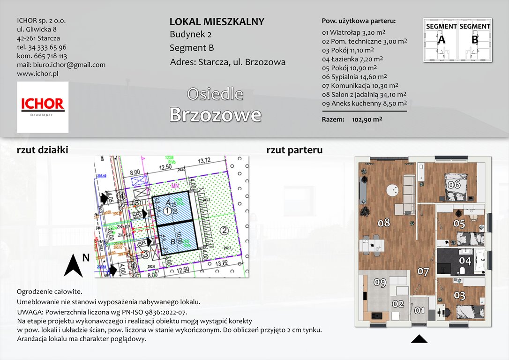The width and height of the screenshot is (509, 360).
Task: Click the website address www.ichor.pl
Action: (x=37, y=74)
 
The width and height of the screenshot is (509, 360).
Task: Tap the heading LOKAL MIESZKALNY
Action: (x=217, y=22)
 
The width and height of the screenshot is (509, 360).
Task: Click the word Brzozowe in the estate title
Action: (x=215, y=114)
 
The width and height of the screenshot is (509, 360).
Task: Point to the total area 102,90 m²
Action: (x=367, y=120)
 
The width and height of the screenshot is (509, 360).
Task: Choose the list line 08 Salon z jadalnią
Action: (x=364, y=94)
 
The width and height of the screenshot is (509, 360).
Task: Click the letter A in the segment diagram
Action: (x=441, y=40)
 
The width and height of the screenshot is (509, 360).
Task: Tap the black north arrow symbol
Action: (x=74, y=265)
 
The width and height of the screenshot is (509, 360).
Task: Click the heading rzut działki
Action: (x=43, y=150)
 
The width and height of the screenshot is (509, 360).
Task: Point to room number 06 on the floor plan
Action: (x=453, y=184)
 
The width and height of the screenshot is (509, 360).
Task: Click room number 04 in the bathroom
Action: (x=464, y=261)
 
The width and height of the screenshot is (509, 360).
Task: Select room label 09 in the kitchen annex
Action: (x=380, y=283)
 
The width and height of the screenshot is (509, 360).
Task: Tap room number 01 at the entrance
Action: (x=419, y=310)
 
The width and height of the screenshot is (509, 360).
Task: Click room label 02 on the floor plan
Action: (x=398, y=304)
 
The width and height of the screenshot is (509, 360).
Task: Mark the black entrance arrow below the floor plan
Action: (x=419, y=338)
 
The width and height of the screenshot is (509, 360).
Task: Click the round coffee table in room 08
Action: (x=391, y=191)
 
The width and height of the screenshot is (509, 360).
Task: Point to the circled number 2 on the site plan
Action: (x=224, y=230)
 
